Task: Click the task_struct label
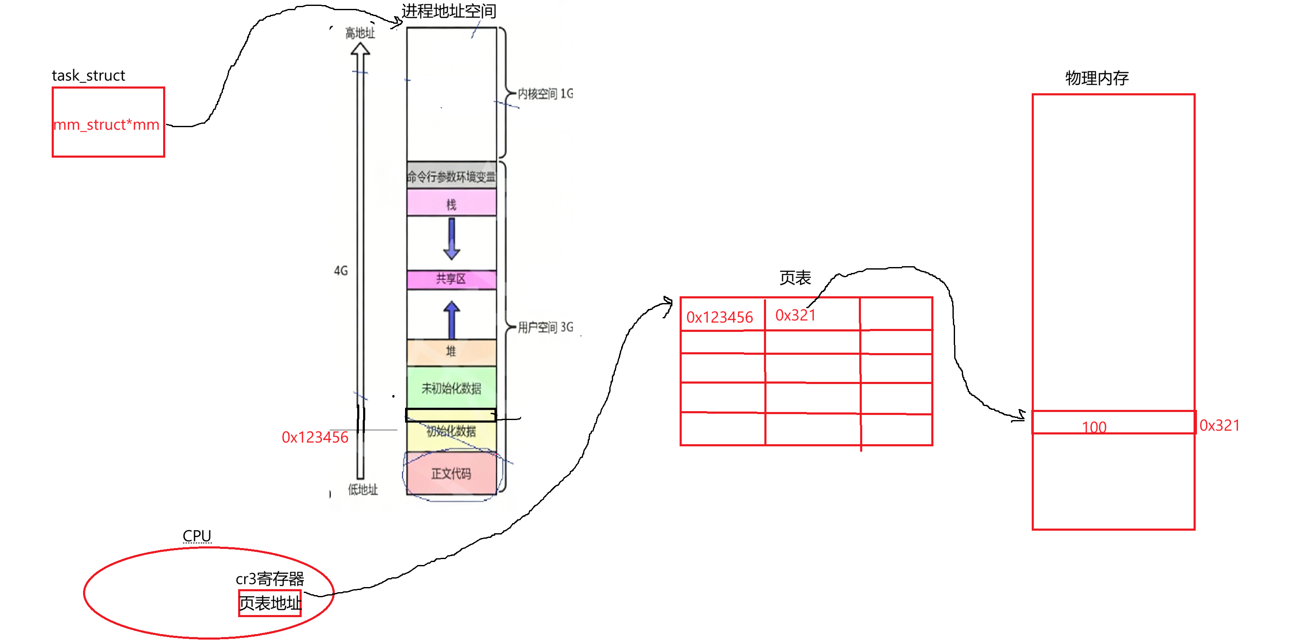tap(88, 75)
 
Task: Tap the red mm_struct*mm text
tap(106, 125)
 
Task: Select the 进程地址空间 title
tap(448, 11)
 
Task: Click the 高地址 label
tap(360, 33)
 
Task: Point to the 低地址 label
tap(363, 490)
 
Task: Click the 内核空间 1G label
tap(545, 94)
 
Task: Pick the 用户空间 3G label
tap(545, 327)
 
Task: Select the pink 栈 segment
tap(451, 204)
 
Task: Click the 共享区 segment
tap(451, 278)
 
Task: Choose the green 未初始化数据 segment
tap(451, 389)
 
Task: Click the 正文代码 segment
tap(451, 474)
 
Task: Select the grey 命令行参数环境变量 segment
tap(451, 176)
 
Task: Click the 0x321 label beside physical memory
tap(1219, 425)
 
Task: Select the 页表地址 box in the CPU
tap(270, 603)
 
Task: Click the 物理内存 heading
tap(1097, 78)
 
